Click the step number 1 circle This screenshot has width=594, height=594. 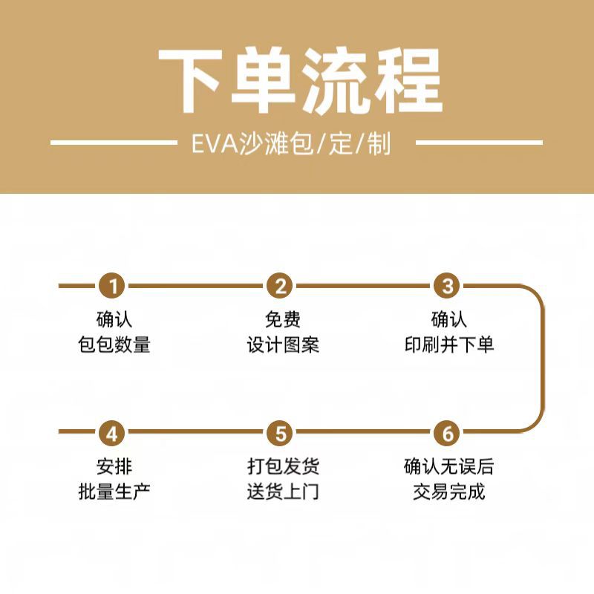[x=114, y=286]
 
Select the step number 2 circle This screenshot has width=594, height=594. [x=281, y=286]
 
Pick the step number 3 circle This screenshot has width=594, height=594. [x=448, y=286]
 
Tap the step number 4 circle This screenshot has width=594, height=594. [x=114, y=432]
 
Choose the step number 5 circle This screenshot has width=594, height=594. [x=281, y=432]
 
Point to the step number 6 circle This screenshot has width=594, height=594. [x=448, y=432]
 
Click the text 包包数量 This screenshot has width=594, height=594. [x=114, y=345]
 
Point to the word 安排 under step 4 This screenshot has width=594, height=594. [x=114, y=467]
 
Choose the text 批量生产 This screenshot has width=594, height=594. [x=114, y=491]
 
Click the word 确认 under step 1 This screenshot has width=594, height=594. [x=114, y=320]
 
